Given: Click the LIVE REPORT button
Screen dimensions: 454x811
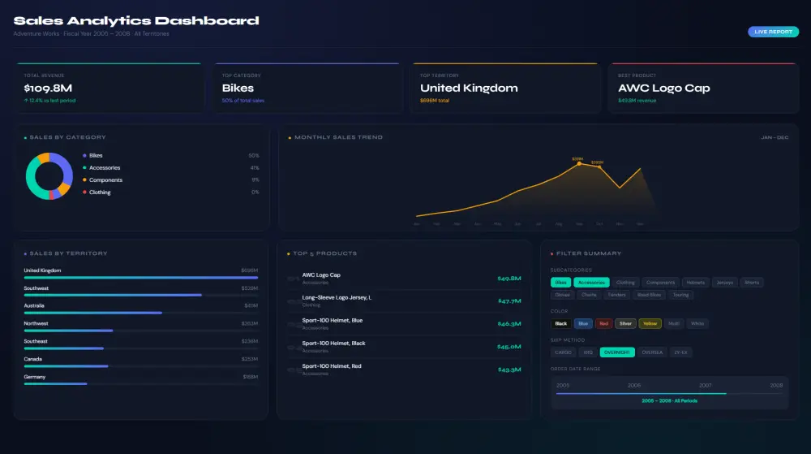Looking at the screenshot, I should point(773,32).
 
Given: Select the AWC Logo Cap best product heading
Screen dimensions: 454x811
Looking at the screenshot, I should point(663,88).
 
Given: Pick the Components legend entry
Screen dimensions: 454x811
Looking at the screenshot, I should point(105,180).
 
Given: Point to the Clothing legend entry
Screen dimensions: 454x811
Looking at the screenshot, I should point(100,192).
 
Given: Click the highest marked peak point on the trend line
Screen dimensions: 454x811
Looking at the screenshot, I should point(579,163).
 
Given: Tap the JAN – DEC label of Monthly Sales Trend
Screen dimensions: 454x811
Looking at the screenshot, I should point(774,137).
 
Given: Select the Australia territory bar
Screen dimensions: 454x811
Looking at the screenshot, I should point(93,313).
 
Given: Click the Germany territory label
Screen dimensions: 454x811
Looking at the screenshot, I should point(35,377).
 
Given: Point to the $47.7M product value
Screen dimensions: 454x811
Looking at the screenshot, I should point(508,301).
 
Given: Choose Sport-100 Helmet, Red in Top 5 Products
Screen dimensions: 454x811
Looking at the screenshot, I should point(332,366).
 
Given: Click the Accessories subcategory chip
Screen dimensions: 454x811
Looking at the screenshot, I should point(591,283).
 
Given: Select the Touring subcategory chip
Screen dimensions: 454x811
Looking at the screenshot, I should point(680,295).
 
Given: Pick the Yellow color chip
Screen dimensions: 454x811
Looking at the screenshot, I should point(650,323).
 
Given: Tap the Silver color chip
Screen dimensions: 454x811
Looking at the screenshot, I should point(625,323).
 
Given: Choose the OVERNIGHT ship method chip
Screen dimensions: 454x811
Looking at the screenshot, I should point(617,352).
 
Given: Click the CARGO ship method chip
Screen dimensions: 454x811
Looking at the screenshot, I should point(563,352).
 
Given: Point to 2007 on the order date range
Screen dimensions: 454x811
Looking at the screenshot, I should point(706,385).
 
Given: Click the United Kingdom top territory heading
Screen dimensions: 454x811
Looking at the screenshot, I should point(469,88).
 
